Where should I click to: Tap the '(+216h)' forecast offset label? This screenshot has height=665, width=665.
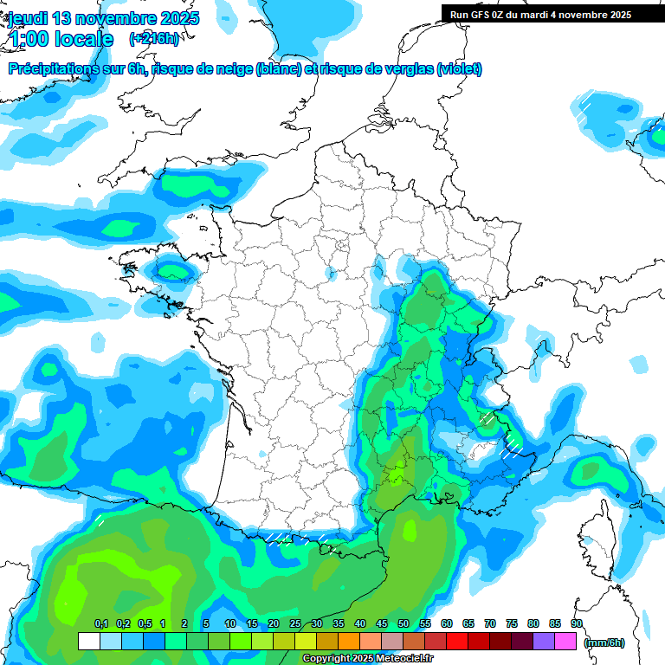(x=154, y=38)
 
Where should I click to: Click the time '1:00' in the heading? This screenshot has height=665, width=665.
(x=28, y=39)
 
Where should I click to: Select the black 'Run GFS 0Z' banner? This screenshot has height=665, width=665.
(x=540, y=15)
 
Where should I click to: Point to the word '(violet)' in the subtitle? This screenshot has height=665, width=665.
(x=460, y=69)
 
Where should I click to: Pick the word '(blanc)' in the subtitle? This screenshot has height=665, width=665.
(x=279, y=69)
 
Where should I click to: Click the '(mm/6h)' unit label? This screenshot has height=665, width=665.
(x=604, y=642)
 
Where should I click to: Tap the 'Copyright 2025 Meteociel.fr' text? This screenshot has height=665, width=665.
(x=367, y=659)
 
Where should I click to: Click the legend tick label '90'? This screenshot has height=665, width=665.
(x=577, y=623)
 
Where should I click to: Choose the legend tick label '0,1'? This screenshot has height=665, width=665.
(x=100, y=623)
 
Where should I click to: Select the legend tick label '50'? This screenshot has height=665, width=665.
(x=404, y=623)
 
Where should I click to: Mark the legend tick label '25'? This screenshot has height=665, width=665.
(x=295, y=623)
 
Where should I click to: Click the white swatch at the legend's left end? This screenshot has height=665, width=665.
(x=88, y=641)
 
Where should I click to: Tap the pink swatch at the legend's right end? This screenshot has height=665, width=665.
(x=565, y=641)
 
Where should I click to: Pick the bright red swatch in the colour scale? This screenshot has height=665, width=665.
(x=456, y=641)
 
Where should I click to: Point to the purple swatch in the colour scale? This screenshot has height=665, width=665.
(x=544, y=641)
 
